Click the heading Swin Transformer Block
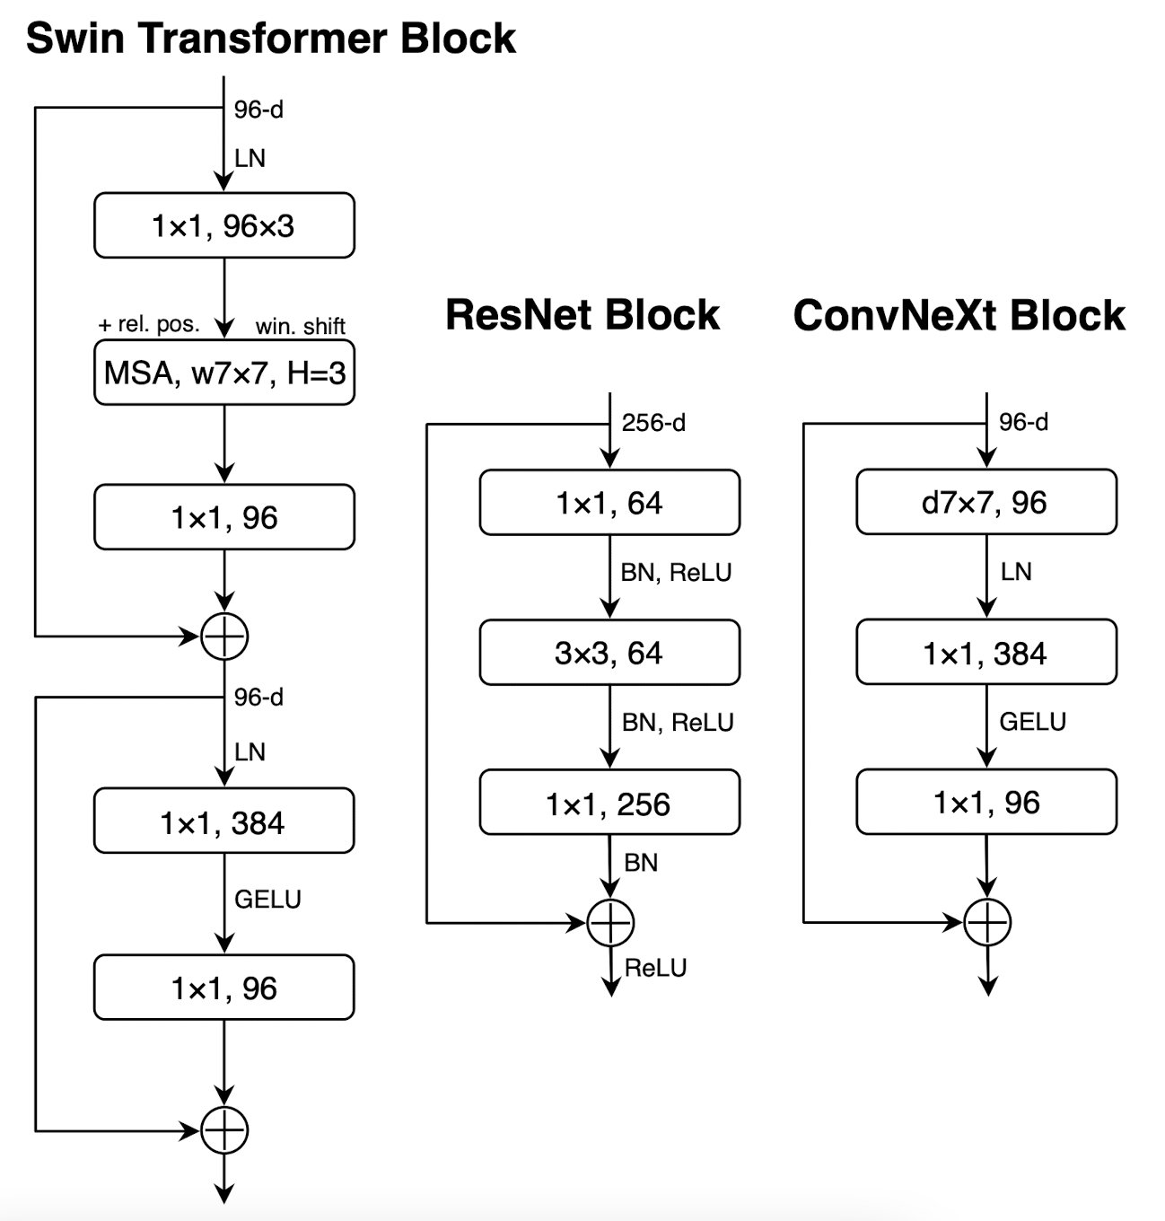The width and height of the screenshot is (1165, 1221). [270, 39]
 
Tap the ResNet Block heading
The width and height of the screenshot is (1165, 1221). [582, 315]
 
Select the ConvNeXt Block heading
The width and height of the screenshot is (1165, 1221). [959, 315]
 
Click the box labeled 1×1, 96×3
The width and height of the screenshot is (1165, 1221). [223, 225]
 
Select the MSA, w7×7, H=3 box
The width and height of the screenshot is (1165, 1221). [223, 373]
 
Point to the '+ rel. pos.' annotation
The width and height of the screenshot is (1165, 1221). [149, 324]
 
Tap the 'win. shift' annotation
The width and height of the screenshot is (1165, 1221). [300, 326]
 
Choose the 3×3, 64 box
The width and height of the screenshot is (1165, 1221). [609, 653]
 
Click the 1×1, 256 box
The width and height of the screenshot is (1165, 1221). [609, 803]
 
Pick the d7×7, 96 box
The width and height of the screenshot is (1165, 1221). [985, 502]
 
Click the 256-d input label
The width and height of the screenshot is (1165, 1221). [653, 423]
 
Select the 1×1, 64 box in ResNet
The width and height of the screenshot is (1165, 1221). [609, 503]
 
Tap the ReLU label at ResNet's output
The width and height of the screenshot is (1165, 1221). [655, 968]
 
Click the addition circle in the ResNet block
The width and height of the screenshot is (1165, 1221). [610, 922]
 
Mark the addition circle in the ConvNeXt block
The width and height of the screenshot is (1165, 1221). [987, 922]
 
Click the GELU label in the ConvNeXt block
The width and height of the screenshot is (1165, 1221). [1032, 722]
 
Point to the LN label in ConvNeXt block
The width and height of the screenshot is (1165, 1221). [1016, 572]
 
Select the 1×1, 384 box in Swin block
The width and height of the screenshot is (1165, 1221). [223, 821]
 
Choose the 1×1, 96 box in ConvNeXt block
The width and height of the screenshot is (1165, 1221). [985, 802]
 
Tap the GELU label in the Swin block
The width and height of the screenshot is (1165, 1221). [267, 899]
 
